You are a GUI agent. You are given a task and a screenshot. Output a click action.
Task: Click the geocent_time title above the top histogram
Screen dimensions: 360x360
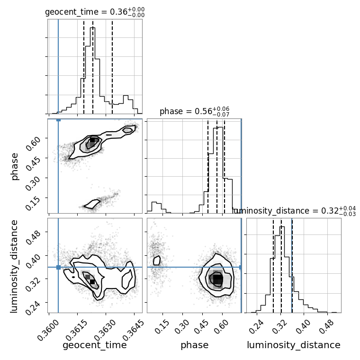pos(95,12)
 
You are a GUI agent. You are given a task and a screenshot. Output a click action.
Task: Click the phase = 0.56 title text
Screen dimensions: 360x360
pos(194,112)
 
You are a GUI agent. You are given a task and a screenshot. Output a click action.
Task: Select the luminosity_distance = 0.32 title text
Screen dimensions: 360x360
pos(294,211)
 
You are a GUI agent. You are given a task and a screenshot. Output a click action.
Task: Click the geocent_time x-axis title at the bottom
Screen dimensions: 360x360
pos(95,345)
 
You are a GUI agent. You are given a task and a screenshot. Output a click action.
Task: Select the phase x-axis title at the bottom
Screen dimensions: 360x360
pos(195,345)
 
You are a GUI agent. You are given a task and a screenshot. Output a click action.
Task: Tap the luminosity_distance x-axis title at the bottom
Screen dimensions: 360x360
pos(294,345)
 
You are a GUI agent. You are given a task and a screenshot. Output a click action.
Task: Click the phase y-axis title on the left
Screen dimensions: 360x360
pos(14,166)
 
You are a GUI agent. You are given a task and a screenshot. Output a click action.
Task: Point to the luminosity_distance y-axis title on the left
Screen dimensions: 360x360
pos(14,266)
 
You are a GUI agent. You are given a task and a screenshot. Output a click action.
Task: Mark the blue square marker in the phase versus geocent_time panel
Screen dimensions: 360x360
pos(58,120)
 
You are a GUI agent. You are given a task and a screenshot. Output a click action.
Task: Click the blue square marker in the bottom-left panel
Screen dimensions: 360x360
pos(58,267)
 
